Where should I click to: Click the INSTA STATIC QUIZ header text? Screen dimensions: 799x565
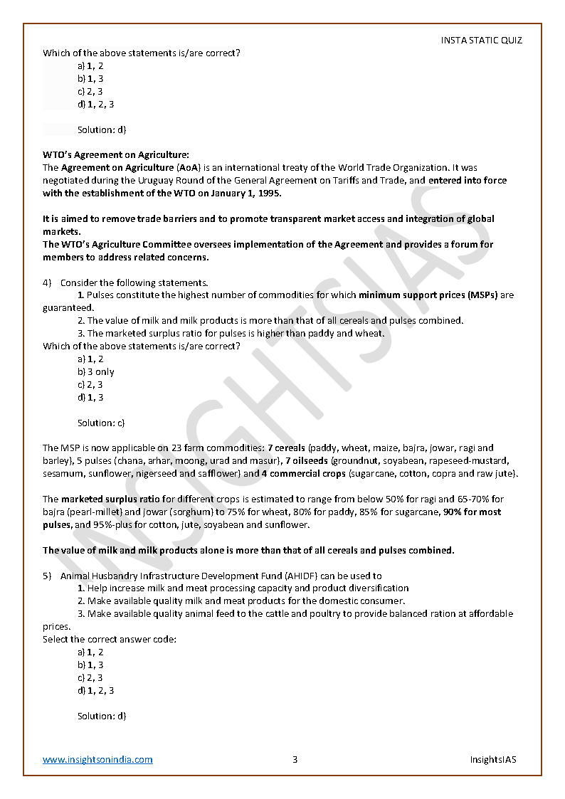click(481, 41)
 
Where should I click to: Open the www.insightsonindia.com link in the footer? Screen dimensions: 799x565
click(97, 759)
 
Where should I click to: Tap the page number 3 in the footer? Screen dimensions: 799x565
click(295, 759)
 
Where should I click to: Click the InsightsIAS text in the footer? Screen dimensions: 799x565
click(493, 759)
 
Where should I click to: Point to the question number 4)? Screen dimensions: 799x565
click(47, 282)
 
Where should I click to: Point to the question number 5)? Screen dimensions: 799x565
click(47, 576)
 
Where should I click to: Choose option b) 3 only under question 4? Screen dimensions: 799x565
click(96, 372)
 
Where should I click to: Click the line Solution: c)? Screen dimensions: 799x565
click(101, 423)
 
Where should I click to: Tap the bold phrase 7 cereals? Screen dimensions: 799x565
click(286, 448)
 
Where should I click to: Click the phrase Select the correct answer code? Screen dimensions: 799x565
click(110, 639)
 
